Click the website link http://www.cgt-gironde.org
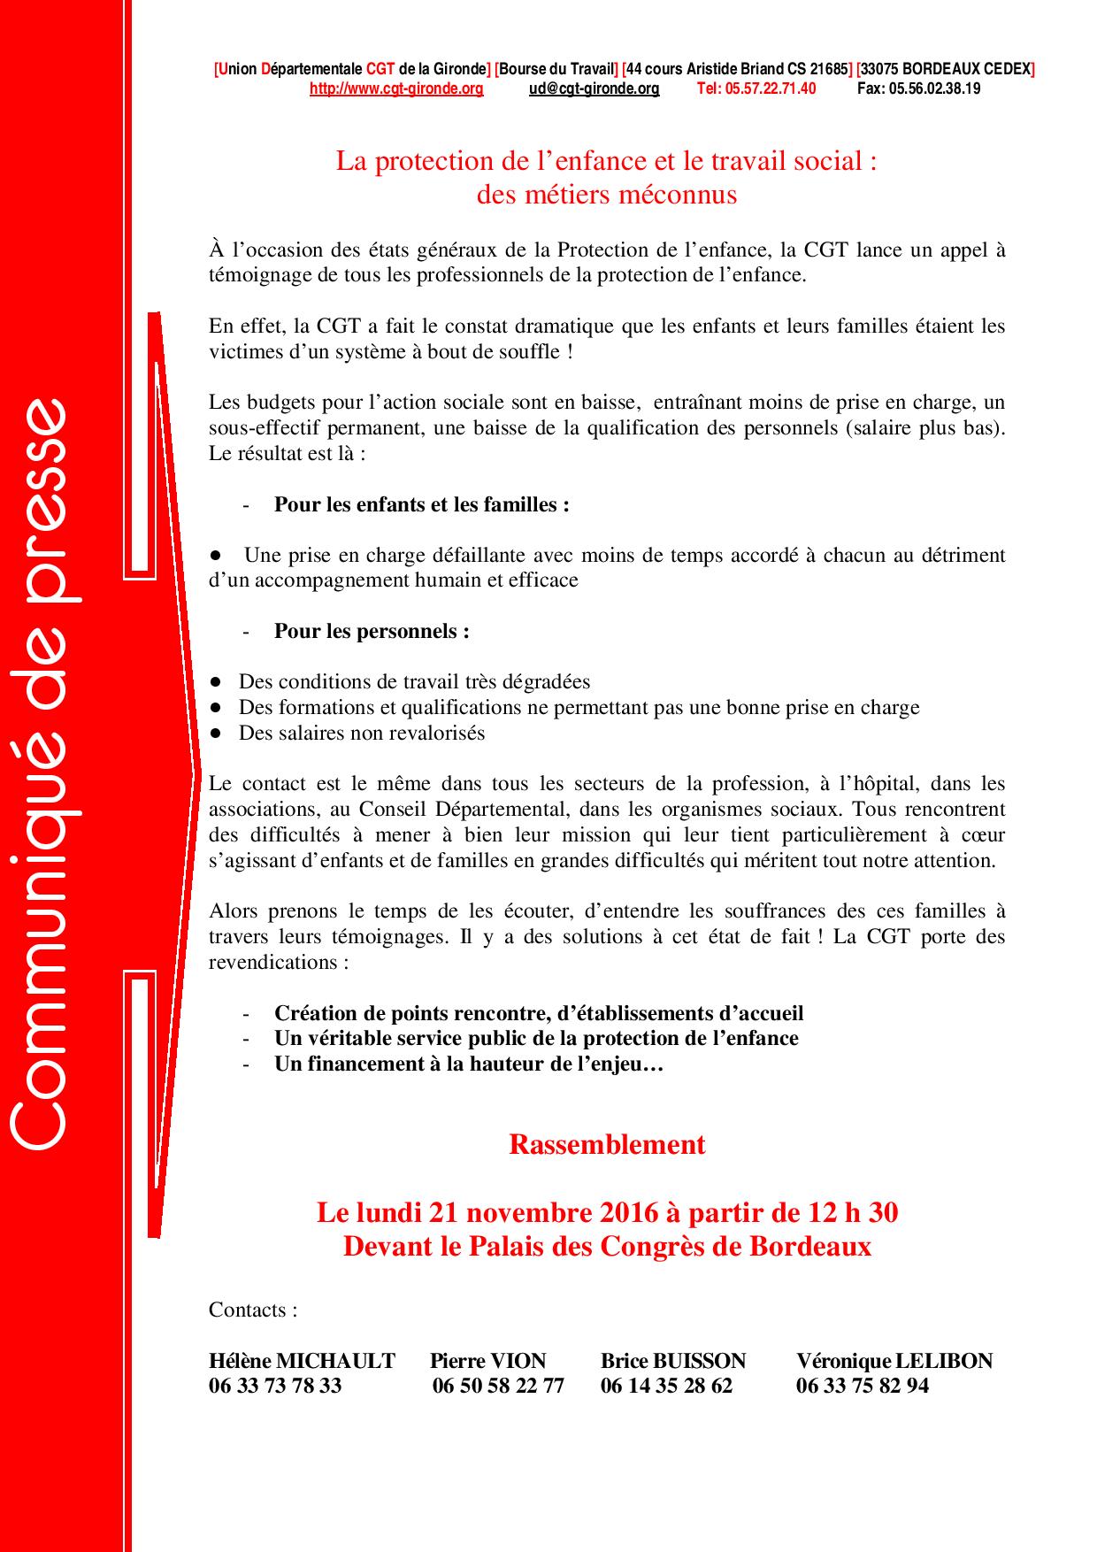point(396,88)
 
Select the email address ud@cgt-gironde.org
point(594,88)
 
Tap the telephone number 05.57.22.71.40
point(756,88)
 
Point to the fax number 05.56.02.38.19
point(918,88)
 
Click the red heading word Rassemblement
point(607,1144)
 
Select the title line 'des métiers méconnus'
point(607,195)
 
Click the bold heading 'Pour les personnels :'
point(372,631)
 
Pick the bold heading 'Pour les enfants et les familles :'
point(421,504)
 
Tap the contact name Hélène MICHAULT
point(302,1361)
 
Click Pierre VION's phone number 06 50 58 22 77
point(498,1386)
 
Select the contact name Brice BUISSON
point(673,1361)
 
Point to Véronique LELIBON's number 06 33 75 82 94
point(863,1386)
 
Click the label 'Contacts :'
point(253,1310)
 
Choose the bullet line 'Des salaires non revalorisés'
point(362,733)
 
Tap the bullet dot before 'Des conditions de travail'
point(215,682)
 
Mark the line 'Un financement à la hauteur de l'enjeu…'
point(469,1064)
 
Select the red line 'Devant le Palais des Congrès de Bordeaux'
point(607,1246)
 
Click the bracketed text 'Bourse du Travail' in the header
point(556,69)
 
